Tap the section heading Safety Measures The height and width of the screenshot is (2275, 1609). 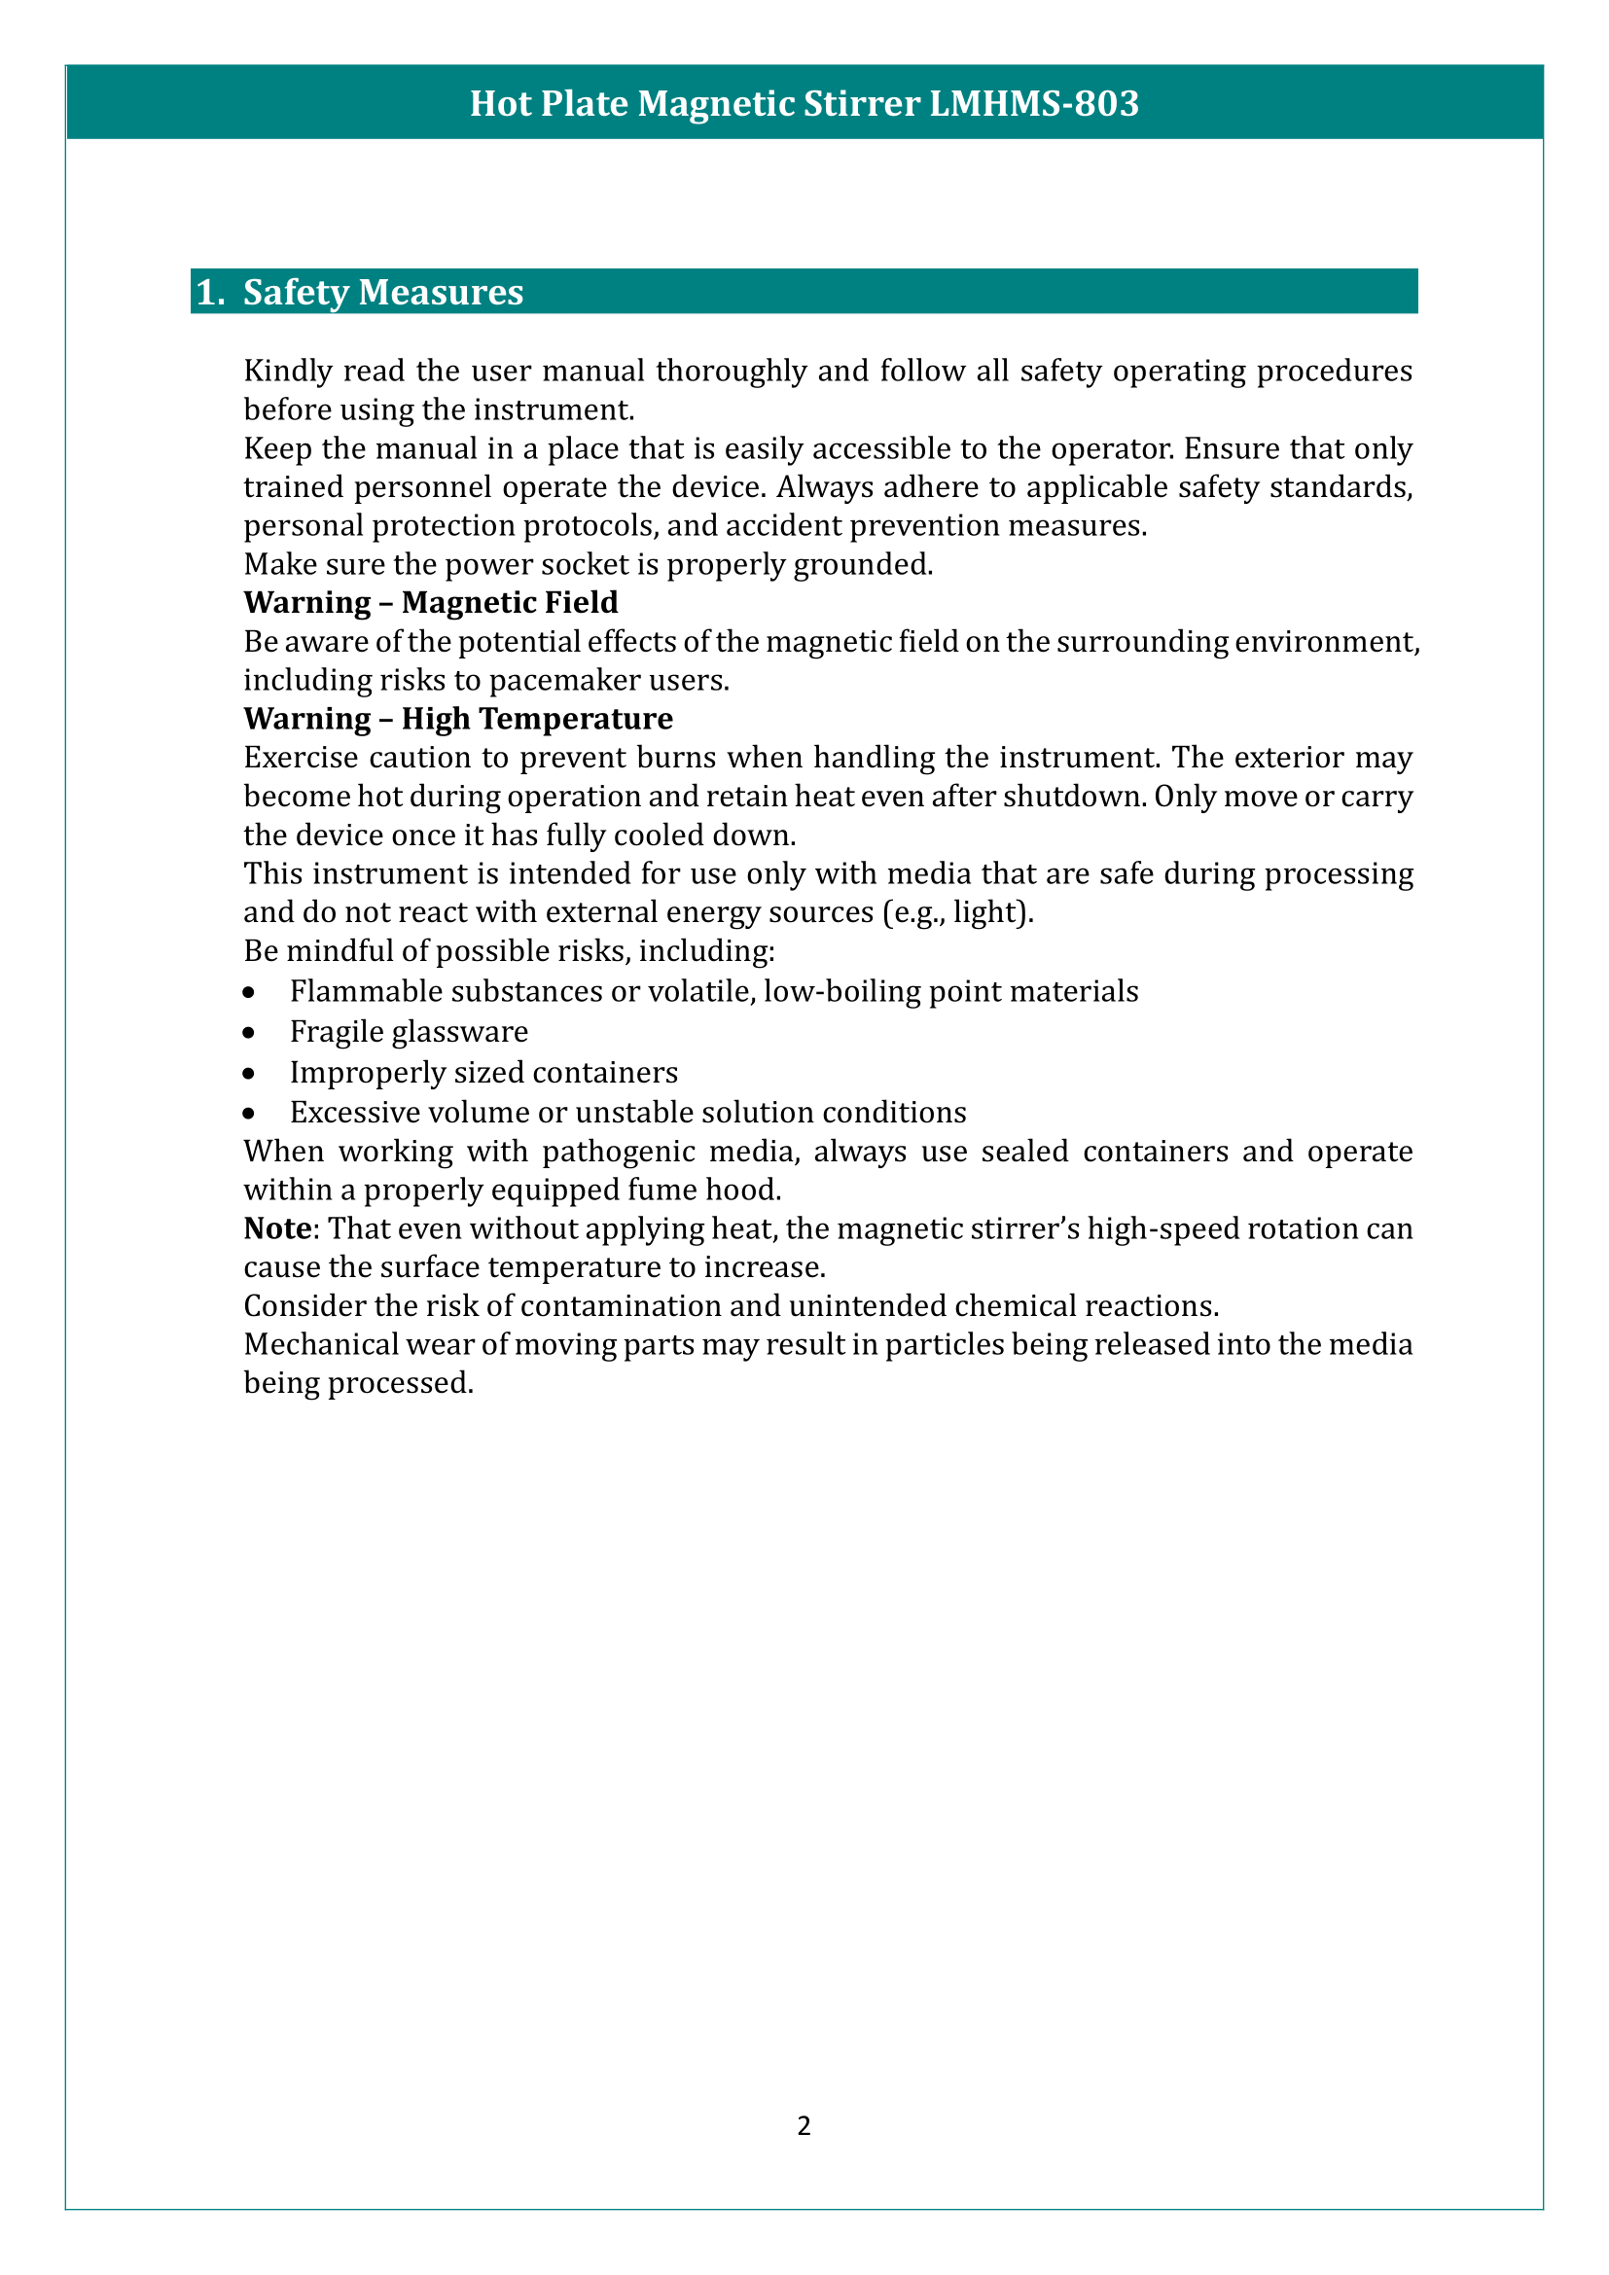pyautogui.click(x=383, y=293)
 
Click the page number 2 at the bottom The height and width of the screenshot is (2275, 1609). pyautogui.click(x=804, y=2125)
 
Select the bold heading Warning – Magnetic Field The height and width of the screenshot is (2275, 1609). pyautogui.click(x=431, y=602)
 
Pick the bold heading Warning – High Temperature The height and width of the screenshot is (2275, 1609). pyautogui.click(x=458, y=719)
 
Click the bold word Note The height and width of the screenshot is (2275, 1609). pyautogui.click(x=277, y=1228)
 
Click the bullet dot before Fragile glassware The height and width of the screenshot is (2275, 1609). pyautogui.click(x=250, y=1033)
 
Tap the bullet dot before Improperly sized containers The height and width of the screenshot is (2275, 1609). pyautogui.click(x=250, y=1073)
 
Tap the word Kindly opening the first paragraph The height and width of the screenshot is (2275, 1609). pyautogui.click(x=287, y=371)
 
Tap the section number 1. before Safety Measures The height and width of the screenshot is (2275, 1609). pyautogui.click(x=210, y=293)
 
